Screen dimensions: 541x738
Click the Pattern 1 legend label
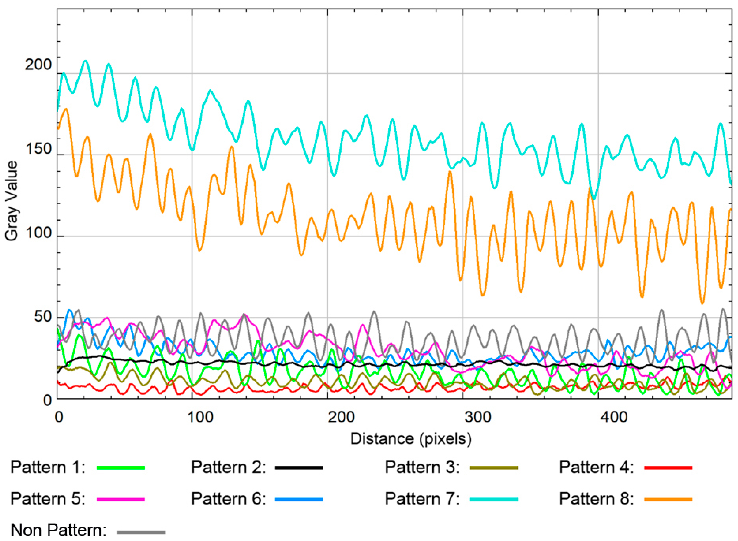click(48, 468)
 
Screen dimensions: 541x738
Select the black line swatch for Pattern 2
click(299, 468)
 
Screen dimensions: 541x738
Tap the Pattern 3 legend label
click(422, 468)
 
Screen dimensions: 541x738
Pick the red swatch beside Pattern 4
click(668, 468)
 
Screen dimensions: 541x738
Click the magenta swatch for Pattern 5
click(121, 499)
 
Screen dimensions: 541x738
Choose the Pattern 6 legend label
click(228, 499)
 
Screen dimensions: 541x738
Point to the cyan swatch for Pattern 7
click(494, 499)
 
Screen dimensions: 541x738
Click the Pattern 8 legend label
click(596, 499)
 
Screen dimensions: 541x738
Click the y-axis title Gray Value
click(12, 201)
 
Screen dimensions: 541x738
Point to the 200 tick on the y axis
click(38, 65)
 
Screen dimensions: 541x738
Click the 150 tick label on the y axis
click(38, 149)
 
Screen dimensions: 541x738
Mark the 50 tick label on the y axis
click(43, 317)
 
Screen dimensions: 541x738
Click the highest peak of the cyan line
click(86, 61)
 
